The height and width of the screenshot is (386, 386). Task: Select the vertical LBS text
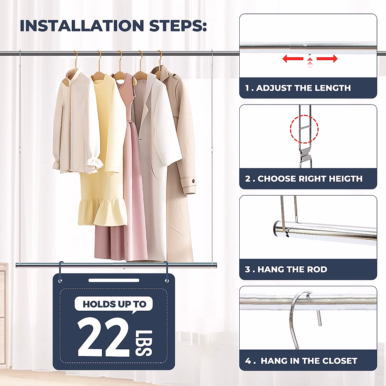coord(143,343)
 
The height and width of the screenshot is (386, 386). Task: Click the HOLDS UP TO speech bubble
coord(114,304)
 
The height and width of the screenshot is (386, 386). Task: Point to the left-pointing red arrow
coord(292,59)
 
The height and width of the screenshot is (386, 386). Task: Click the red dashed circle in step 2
coord(304,129)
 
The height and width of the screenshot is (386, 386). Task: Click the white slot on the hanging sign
coord(114,280)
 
